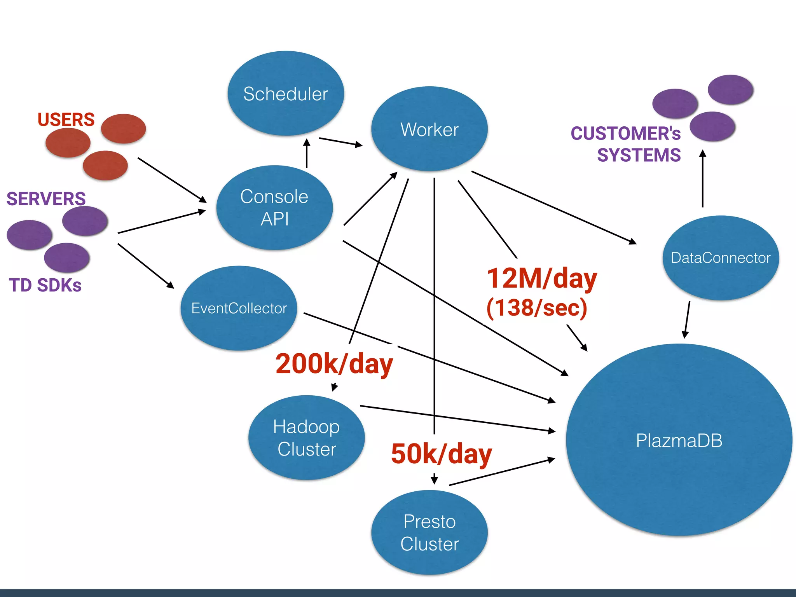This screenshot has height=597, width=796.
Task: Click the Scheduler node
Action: click(x=286, y=94)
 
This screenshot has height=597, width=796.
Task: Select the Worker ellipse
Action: click(x=429, y=129)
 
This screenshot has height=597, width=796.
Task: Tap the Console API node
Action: click(x=274, y=208)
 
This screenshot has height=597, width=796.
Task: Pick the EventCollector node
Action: click(x=239, y=308)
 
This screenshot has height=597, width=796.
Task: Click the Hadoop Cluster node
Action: click(x=307, y=438)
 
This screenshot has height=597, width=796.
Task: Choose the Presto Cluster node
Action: click(x=429, y=532)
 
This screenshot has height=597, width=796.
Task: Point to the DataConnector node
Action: click(x=721, y=258)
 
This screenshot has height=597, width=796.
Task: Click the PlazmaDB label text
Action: click(x=679, y=441)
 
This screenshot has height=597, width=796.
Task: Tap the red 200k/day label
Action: click(x=334, y=364)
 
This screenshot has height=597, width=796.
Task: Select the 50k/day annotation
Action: click(x=442, y=454)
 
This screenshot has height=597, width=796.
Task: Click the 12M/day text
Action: click(x=542, y=278)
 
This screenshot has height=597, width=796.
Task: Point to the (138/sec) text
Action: click(x=537, y=307)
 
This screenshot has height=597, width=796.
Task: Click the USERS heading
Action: click(x=66, y=119)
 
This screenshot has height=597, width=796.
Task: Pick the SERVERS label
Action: click(x=46, y=199)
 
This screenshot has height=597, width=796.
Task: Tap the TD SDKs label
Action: click(x=45, y=285)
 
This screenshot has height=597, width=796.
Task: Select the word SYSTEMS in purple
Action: click(x=639, y=155)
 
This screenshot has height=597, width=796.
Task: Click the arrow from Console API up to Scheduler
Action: click(x=307, y=154)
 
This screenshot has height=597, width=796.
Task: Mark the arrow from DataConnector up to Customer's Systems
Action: click(x=702, y=179)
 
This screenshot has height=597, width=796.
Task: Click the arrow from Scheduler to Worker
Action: click(x=340, y=142)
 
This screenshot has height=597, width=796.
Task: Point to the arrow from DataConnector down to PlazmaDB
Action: click(x=687, y=319)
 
